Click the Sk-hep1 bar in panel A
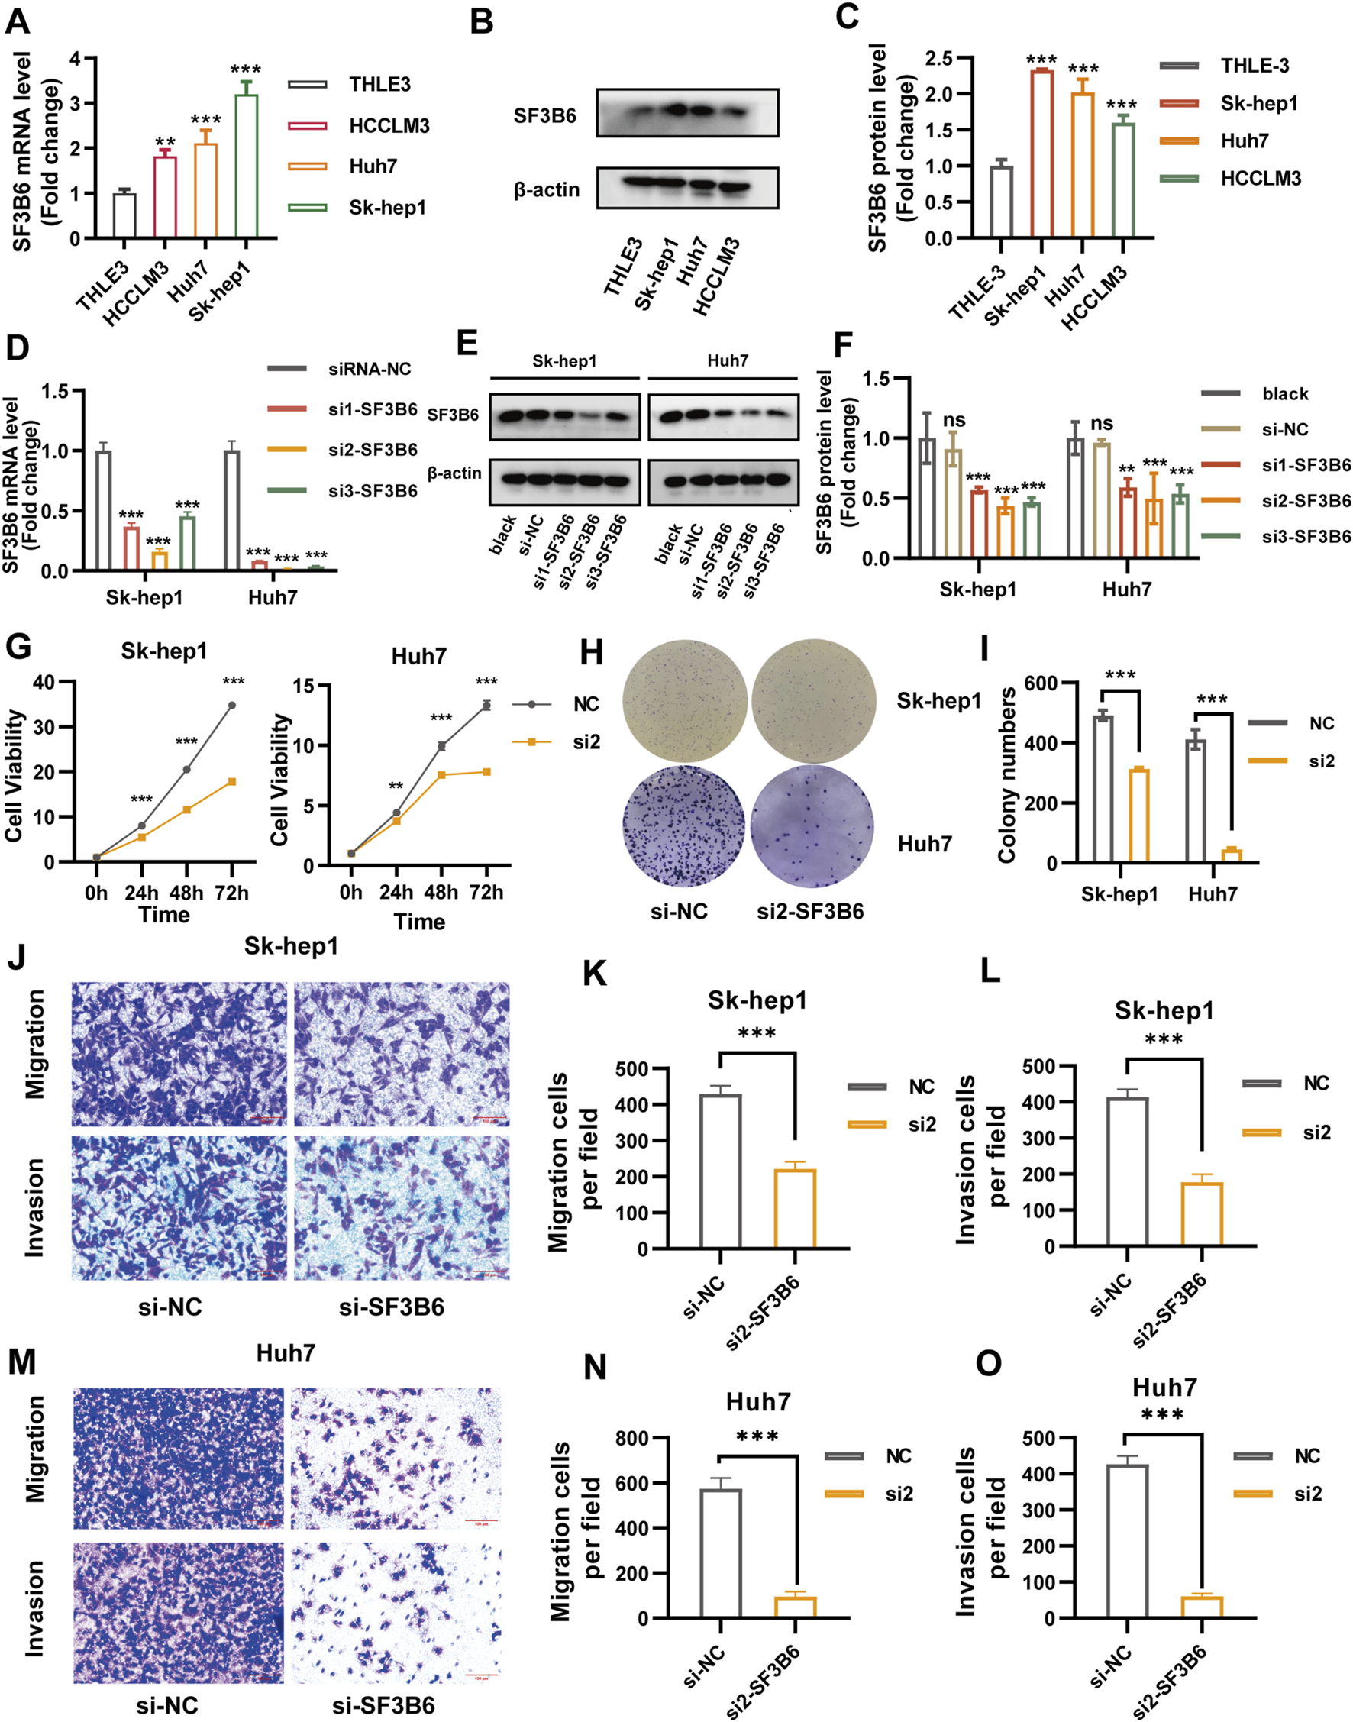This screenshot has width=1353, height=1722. pyautogui.click(x=246, y=166)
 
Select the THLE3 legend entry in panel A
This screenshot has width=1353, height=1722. pyautogui.click(x=348, y=85)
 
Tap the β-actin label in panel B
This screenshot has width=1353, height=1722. pyautogui.click(x=547, y=190)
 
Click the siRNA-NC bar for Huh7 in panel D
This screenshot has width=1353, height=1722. pyautogui.click(x=232, y=510)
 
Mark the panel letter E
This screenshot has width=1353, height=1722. pyautogui.click(x=467, y=345)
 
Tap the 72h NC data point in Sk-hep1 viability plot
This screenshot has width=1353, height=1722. pyautogui.click(x=231, y=705)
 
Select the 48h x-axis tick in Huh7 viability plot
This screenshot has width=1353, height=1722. pyautogui.click(x=441, y=892)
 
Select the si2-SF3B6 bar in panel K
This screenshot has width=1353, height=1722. pyautogui.click(x=795, y=1209)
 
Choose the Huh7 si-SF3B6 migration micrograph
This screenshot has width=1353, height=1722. pyautogui.click(x=396, y=1458)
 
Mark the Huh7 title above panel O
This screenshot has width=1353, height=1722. pyautogui.click(x=1164, y=1387)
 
